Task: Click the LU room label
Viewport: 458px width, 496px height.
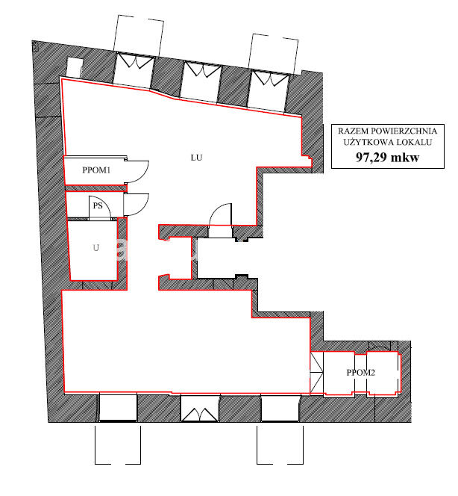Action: pyautogui.click(x=196, y=158)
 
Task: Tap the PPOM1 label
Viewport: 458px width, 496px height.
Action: pyautogui.click(x=96, y=170)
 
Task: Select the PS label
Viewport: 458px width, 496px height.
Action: pyautogui.click(x=98, y=206)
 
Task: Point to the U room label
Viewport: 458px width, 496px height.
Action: pyautogui.click(x=96, y=248)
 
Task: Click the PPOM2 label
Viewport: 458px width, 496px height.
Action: pyautogui.click(x=361, y=373)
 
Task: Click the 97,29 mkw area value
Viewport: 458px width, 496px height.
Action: pyautogui.click(x=388, y=157)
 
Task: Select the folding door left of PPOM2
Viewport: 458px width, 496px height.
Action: pyautogui.click(x=316, y=373)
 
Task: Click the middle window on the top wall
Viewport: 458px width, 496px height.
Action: pyautogui.click(x=201, y=82)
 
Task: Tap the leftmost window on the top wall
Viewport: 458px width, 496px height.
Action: pyautogui.click(x=134, y=70)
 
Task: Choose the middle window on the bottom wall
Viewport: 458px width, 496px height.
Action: pyautogui.click(x=200, y=408)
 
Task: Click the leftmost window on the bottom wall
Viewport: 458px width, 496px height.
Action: pyautogui.click(x=118, y=407)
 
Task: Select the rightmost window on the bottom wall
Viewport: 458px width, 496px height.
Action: pyautogui.click(x=280, y=408)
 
